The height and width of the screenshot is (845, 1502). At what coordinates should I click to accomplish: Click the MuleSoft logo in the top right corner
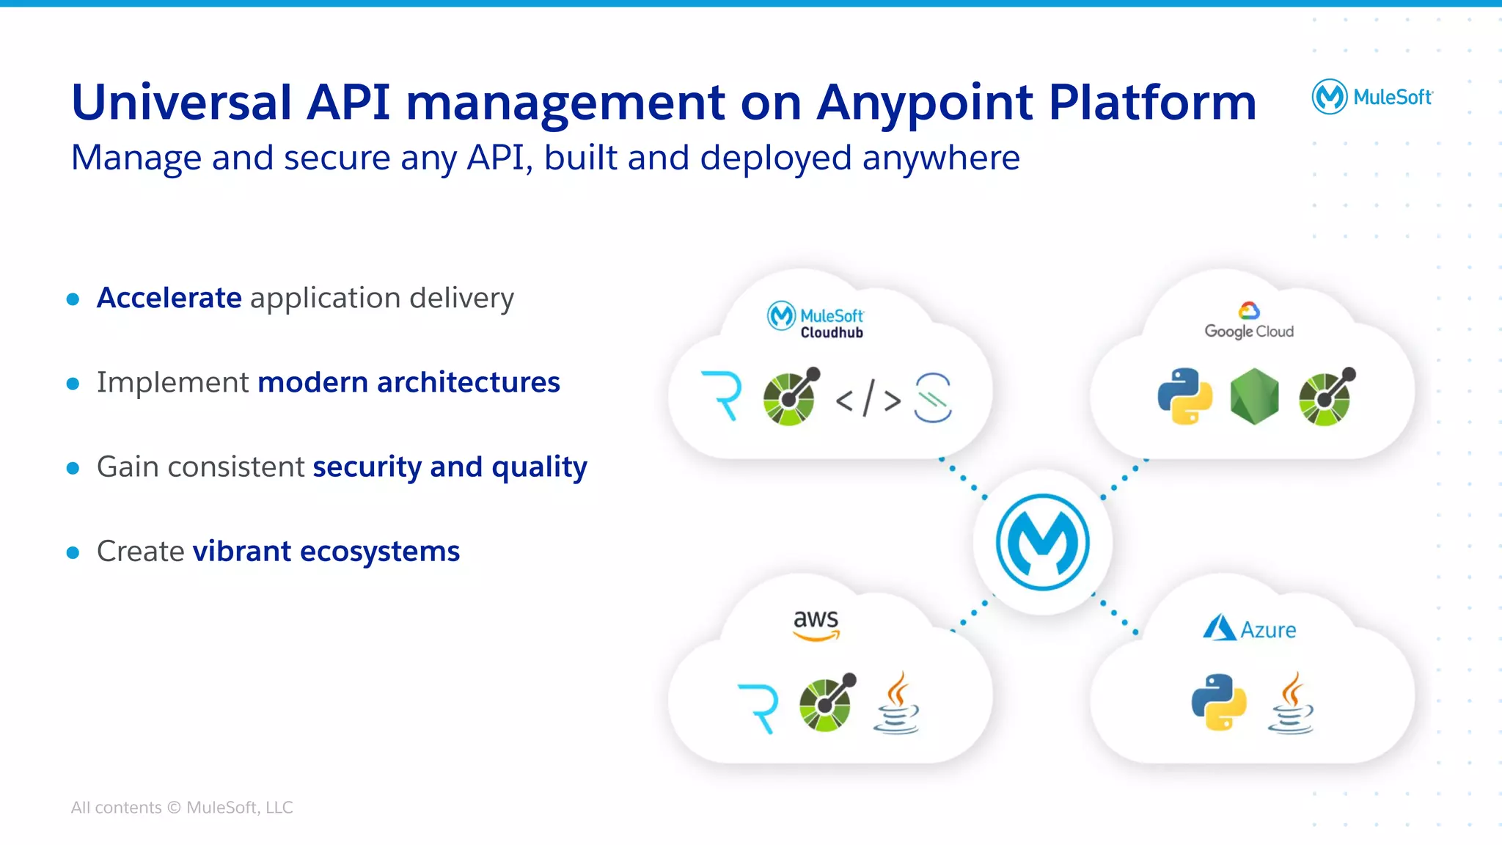[x=1371, y=96]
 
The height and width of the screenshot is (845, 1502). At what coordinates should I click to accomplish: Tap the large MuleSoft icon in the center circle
[x=1042, y=543]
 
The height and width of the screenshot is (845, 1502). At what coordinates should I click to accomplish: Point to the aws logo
[x=816, y=624]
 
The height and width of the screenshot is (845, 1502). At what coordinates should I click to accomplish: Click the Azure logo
[x=1249, y=629]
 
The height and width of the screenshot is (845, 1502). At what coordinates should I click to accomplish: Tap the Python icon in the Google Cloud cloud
[x=1184, y=396]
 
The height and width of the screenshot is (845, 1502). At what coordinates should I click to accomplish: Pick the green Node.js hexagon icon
[x=1254, y=396]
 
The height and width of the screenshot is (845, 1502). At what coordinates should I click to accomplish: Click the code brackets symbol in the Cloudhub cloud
[x=868, y=398]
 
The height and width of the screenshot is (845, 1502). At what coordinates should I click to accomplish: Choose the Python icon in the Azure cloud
[x=1218, y=702]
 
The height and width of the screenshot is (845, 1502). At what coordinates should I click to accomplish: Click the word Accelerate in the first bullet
[x=169, y=298]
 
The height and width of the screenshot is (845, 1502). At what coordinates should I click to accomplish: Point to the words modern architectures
[x=409, y=382]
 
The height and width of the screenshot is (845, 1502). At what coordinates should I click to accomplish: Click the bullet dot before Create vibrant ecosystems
[x=73, y=552]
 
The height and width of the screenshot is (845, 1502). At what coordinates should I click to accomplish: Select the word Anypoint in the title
[x=925, y=103]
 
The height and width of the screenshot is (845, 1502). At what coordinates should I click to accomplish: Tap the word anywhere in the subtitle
[x=940, y=158]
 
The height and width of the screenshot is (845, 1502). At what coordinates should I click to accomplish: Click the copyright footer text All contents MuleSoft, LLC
[x=181, y=807]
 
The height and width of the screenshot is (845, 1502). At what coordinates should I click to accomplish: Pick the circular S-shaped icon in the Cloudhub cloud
[x=933, y=398]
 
